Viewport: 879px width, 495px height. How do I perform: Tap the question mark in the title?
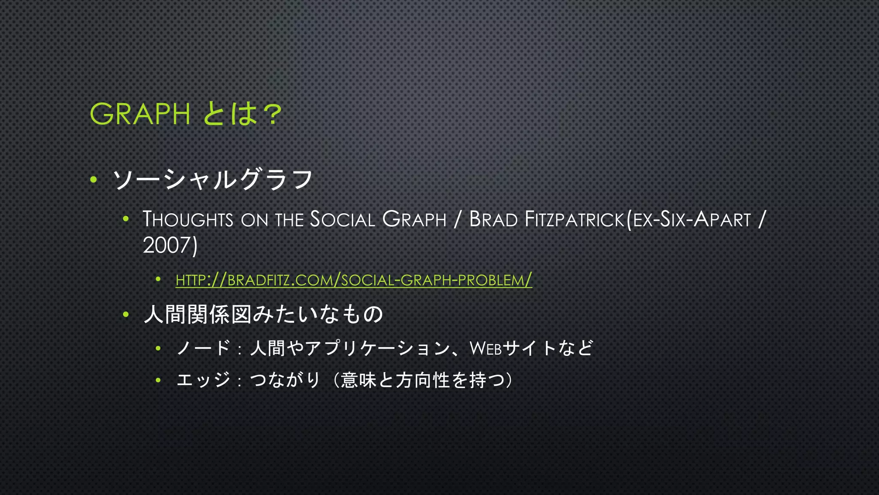(x=272, y=114)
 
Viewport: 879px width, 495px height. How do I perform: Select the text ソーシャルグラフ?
(x=213, y=180)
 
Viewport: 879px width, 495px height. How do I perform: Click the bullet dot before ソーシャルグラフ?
(x=94, y=179)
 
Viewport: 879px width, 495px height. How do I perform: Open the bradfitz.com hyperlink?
(x=354, y=280)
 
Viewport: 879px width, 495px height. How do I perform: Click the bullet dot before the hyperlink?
(x=158, y=280)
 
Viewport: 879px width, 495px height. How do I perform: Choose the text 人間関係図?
(x=197, y=314)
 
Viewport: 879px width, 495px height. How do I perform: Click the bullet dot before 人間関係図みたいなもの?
(x=126, y=315)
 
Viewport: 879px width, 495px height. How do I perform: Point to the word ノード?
(x=204, y=348)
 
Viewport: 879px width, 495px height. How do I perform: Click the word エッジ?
(x=204, y=380)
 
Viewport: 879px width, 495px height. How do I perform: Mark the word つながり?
(x=285, y=380)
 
